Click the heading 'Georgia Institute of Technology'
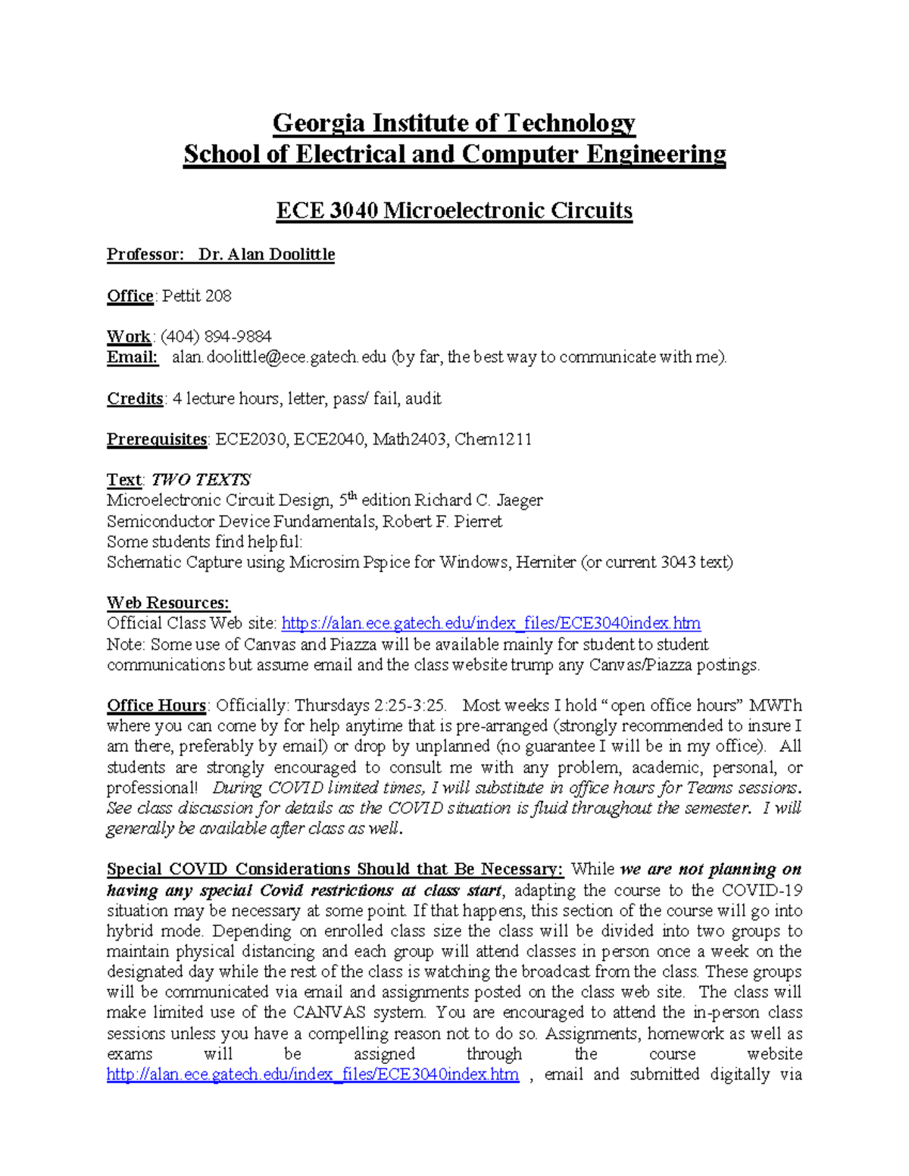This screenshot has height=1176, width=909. pyautogui.click(x=454, y=123)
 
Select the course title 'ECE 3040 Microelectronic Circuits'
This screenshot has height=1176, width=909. pyautogui.click(x=454, y=210)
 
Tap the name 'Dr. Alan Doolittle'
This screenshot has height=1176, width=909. pyautogui.click(x=267, y=254)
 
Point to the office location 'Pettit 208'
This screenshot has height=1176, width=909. pyautogui.click(x=197, y=296)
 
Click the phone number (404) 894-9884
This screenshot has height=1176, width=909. pyautogui.click(x=216, y=336)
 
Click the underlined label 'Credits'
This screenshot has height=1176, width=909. pyautogui.click(x=135, y=399)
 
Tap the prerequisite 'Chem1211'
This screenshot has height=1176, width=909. pyautogui.click(x=492, y=439)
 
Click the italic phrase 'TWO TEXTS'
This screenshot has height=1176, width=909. pyautogui.click(x=201, y=480)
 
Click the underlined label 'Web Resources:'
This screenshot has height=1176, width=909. pyautogui.click(x=168, y=604)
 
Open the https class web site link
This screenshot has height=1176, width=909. pyautogui.click(x=491, y=624)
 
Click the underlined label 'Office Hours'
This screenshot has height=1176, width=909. pyautogui.click(x=156, y=706)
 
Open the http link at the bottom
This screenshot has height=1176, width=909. pyautogui.click(x=313, y=1075)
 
